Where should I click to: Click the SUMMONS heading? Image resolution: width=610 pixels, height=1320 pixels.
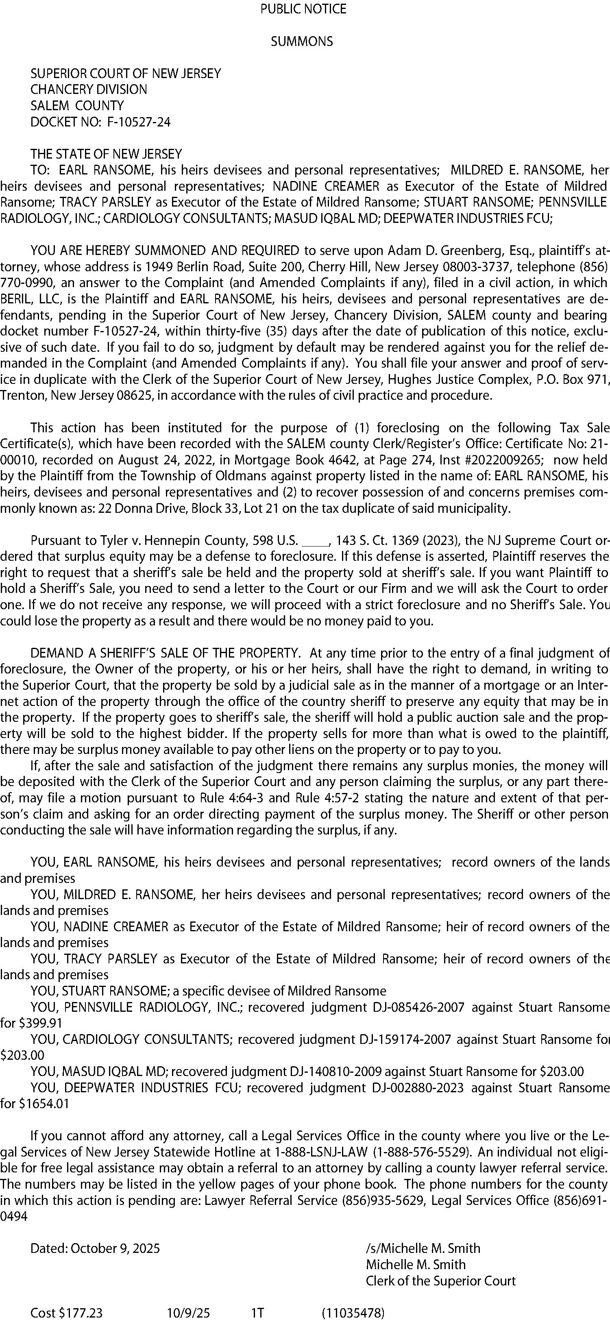tap(302, 41)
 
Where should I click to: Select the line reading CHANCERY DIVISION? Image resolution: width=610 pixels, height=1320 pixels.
tap(89, 90)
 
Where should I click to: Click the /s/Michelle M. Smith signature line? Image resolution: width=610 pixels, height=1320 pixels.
tap(423, 1248)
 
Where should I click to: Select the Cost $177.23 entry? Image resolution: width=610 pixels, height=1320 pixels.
tap(67, 1312)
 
